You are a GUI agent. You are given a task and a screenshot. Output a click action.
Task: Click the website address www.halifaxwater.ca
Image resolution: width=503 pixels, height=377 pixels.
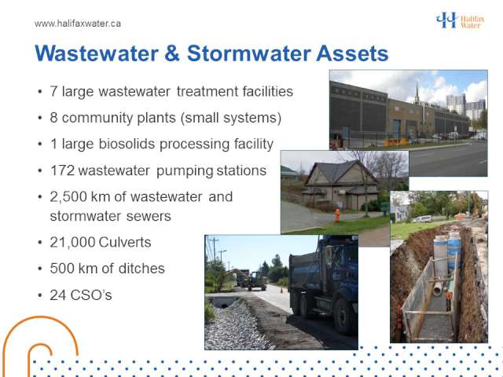(78, 24)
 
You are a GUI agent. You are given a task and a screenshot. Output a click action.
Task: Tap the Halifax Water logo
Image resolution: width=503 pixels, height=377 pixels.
(460, 20)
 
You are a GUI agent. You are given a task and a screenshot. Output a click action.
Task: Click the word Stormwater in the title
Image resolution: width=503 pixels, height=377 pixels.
(249, 53)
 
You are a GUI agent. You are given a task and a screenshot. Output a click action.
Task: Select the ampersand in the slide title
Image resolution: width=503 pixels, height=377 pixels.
(172, 53)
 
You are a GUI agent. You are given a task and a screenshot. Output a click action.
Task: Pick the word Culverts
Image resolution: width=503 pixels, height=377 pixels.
(125, 242)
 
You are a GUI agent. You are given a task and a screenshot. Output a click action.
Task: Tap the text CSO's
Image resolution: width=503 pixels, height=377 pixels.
(91, 295)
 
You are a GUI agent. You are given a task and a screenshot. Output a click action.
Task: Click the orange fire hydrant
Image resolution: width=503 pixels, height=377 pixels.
(337, 215)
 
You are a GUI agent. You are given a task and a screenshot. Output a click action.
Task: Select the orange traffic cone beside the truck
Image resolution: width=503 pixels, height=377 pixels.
(281, 290)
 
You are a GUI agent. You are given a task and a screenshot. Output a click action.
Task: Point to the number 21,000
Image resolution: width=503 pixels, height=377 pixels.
(73, 242)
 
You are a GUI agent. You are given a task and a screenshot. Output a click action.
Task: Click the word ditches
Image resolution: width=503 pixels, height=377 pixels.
(141, 269)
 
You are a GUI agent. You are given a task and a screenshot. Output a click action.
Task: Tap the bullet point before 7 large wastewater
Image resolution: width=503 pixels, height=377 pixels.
(40, 92)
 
